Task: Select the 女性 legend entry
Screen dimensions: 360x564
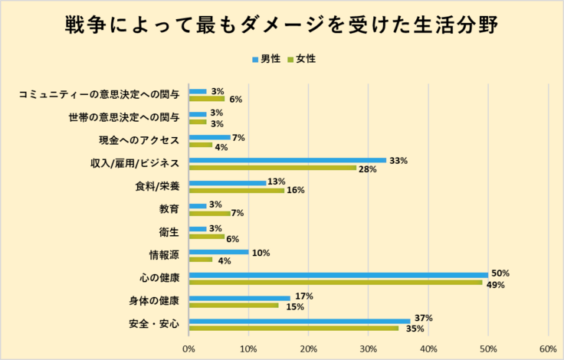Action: pos(300,58)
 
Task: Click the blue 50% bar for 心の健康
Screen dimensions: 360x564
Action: pos(338,274)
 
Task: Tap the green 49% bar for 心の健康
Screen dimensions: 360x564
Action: pos(335,282)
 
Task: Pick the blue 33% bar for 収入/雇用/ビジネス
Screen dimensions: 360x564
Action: pos(287,160)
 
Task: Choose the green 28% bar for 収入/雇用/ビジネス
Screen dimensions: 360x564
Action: pos(272,168)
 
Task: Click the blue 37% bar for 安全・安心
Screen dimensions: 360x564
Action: pos(299,320)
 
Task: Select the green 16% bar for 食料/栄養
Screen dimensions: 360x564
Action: pos(236,191)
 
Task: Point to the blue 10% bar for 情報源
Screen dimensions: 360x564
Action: pos(218,252)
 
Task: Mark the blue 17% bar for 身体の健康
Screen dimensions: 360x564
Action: pos(239,297)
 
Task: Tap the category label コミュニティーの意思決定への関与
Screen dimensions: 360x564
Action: pos(99,95)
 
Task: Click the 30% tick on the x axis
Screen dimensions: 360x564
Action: pos(368,349)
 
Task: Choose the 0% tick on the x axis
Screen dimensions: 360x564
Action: pos(189,349)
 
